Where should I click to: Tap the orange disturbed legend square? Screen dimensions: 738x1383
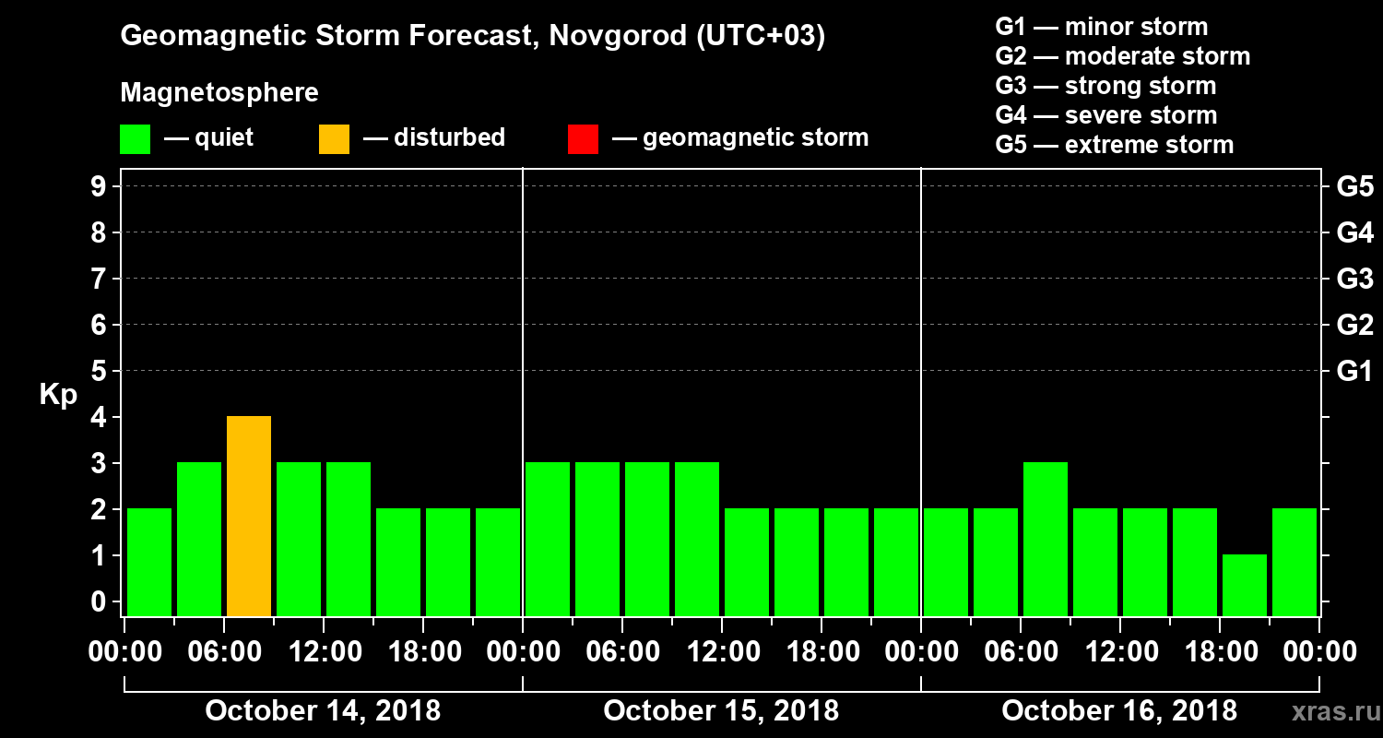[x=334, y=138]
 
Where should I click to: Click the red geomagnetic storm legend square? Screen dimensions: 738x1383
[x=583, y=138]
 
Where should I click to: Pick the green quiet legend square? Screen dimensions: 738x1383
[x=135, y=138]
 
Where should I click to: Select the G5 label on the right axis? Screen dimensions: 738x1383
[x=1354, y=187]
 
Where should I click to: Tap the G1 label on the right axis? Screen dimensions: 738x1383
[x=1354, y=372]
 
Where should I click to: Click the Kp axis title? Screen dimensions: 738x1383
[x=58, y=395]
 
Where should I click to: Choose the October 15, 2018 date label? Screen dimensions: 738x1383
[x=721, y=711]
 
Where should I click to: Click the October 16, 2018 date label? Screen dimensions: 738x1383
[x=1119, y=711]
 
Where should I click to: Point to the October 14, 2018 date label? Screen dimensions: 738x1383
[x=323, y=711]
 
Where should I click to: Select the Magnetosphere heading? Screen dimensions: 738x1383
[x=219, y=93]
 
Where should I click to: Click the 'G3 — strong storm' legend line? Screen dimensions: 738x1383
[x=1105, y=86]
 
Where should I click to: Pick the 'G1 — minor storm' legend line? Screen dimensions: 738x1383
[x=1102, y=27]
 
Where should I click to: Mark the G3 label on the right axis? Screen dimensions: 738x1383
[x=1354, y=280]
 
